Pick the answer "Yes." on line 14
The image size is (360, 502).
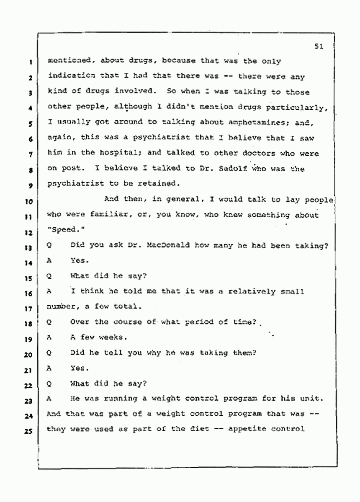click(x=80, y=260)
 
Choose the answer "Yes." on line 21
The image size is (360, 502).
click(x=80, y=368)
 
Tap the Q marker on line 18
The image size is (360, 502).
click(x=49, y=322)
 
